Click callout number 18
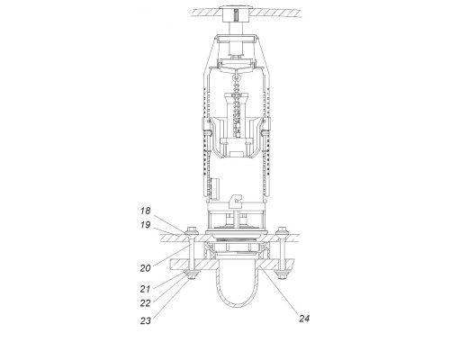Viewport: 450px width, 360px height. (146, 211)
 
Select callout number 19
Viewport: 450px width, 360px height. (146, 225)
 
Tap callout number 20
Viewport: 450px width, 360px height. (146, 268)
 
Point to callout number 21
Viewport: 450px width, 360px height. (145, 289)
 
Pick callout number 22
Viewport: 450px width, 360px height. (146, 303)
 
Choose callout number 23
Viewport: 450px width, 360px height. (146, 320)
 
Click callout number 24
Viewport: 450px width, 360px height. (304, 319)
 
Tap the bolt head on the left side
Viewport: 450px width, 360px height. (191, 230)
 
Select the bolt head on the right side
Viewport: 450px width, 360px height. (283, 230)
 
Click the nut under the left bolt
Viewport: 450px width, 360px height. (192, 274)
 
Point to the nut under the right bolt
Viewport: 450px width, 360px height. (282, 274)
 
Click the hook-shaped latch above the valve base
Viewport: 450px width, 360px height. (236, 201)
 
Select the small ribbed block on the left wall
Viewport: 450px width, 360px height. (214, 188)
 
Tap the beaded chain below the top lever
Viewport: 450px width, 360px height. (238, 102)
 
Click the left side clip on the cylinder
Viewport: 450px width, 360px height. (205, 126)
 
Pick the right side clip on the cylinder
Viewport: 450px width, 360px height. (265, 126)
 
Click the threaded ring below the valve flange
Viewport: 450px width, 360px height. (236, 239)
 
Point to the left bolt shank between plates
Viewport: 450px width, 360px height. (192, 253)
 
